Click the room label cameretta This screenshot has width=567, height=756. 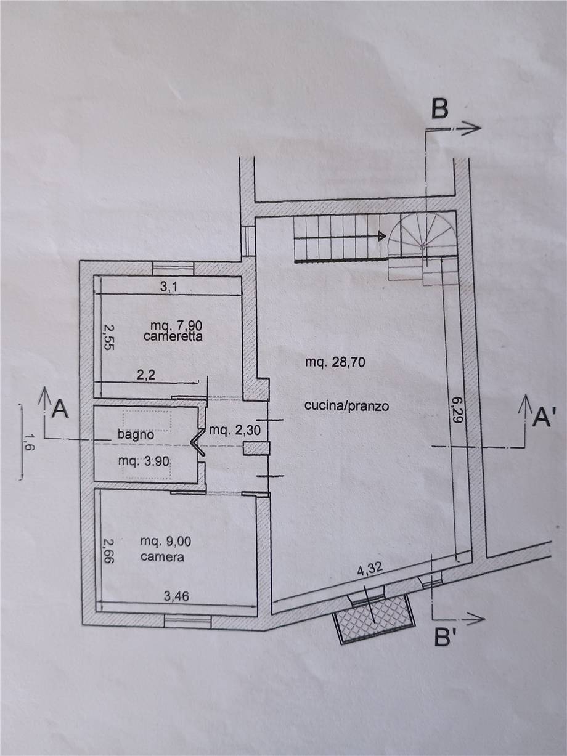tap(173, 336)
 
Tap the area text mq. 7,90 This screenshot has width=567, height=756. tap(176, 325)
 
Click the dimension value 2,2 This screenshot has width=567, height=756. tap(147, 375)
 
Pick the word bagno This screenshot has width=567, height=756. tap(136, 434)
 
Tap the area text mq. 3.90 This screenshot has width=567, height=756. tap(144, 461)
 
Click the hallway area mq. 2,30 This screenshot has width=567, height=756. tap(235, 430)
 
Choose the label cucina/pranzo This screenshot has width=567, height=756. tap(346, 407)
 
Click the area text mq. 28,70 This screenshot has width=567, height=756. tap(335, 362)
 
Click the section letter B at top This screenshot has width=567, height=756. tap(439, 110)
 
